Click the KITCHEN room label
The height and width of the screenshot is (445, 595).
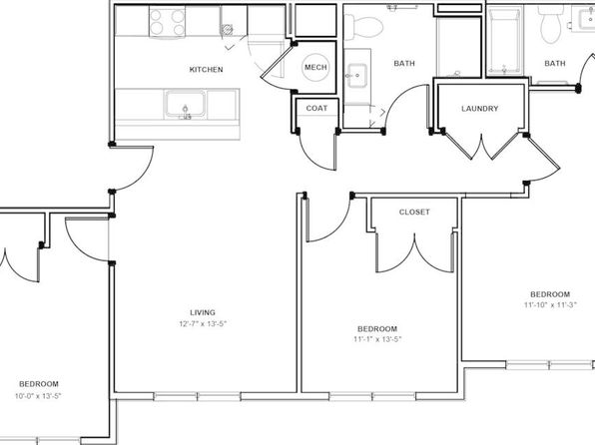click(x=206, y=70)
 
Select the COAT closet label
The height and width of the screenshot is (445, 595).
click(x=316, y=108)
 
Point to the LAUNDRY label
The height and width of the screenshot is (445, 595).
click(x=479, y=109)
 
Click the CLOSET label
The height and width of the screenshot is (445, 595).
click(x=414, y=213)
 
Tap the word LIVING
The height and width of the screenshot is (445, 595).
click(x=203, y=312)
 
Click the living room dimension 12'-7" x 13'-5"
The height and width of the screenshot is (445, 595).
click(x=203, y=324)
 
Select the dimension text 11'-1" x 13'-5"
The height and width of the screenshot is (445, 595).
click(x=377, y=339)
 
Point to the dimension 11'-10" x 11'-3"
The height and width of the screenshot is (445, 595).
click(x=550, y=304)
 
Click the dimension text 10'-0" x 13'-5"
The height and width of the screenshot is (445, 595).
click(x=38, y=396)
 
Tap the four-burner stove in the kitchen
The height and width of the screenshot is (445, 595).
click(x=167, y=22)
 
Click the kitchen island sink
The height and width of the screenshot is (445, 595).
click(x=185, y=105)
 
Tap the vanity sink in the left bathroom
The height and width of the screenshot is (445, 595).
click(x=356, y=76)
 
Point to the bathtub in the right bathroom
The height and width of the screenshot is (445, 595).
click(x=505, y=41)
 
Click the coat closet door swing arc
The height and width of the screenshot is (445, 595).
click(x=313, y=156)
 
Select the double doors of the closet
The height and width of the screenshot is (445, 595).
click(x=414, y=252)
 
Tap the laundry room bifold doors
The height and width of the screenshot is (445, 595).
click(x=482, y=146)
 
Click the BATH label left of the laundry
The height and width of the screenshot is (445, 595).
click(x=404, y=63)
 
